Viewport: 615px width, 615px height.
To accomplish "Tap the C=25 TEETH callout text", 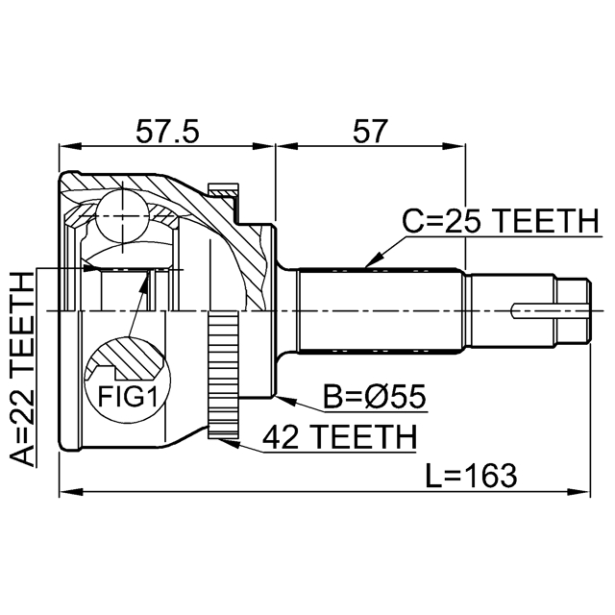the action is click(502, 221).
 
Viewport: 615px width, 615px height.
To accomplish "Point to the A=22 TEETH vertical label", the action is click(21, 369).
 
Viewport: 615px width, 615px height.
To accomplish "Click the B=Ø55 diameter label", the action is click(374, 397).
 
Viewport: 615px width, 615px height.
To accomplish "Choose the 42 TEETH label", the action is click(339, 437).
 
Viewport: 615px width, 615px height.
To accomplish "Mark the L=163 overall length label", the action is click(472, 476).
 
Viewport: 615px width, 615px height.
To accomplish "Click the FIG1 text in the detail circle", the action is click(128, 396).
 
